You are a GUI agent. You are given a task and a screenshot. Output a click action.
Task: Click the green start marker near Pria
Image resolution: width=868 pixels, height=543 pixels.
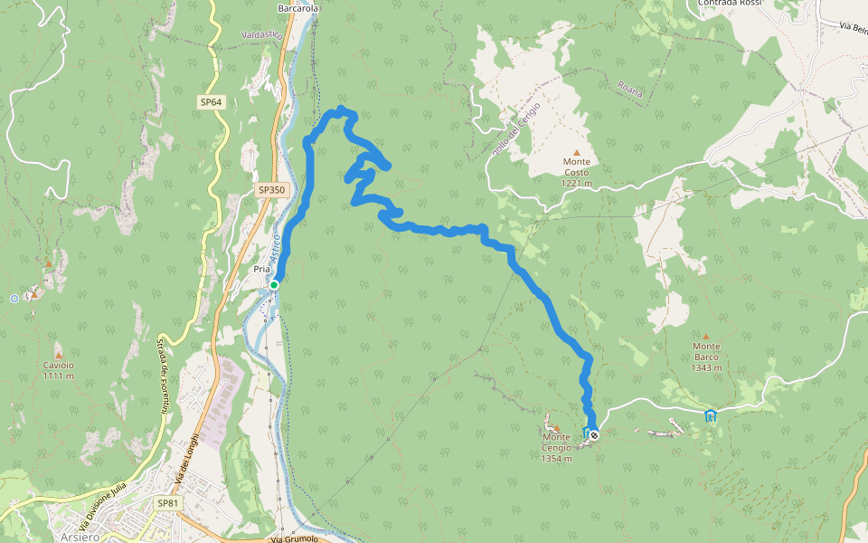pos(274,285)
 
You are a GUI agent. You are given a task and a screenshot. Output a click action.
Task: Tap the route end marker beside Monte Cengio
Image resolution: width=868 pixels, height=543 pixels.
pos(594,434)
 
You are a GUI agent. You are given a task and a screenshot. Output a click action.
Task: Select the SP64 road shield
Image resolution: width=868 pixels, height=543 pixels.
pos(212,102)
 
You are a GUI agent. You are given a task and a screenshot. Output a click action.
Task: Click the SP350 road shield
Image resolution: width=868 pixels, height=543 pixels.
pos(271,190)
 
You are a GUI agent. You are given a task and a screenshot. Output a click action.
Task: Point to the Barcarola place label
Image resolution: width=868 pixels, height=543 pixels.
pos(298,8)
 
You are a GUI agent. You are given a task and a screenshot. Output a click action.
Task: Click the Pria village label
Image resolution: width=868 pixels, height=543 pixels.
pos(262,270)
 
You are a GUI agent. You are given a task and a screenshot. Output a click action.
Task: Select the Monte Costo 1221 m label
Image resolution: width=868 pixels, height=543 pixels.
pos(576,173)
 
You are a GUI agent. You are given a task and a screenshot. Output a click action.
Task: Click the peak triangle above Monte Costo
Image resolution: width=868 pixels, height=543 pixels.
pos(576,152)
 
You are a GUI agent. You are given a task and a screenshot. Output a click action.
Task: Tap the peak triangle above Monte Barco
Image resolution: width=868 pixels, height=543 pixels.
pos(706,336)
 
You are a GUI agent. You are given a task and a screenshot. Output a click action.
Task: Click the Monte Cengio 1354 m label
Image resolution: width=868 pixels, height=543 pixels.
pos(557,448)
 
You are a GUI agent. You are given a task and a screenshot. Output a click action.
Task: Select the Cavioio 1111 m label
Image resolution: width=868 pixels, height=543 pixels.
pos(58,369)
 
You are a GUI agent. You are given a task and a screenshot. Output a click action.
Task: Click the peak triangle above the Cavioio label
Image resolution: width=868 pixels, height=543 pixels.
pos(58,345)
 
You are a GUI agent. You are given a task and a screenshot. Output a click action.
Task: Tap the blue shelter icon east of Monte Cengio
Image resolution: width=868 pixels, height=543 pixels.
pos(711,415)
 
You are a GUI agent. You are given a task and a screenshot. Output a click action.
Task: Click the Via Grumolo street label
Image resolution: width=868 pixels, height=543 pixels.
pos(295,538)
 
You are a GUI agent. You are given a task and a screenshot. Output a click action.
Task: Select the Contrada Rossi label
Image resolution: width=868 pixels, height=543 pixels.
pos(731,4)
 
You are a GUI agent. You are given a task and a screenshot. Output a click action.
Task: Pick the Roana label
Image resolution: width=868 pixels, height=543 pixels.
pos(629,88)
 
